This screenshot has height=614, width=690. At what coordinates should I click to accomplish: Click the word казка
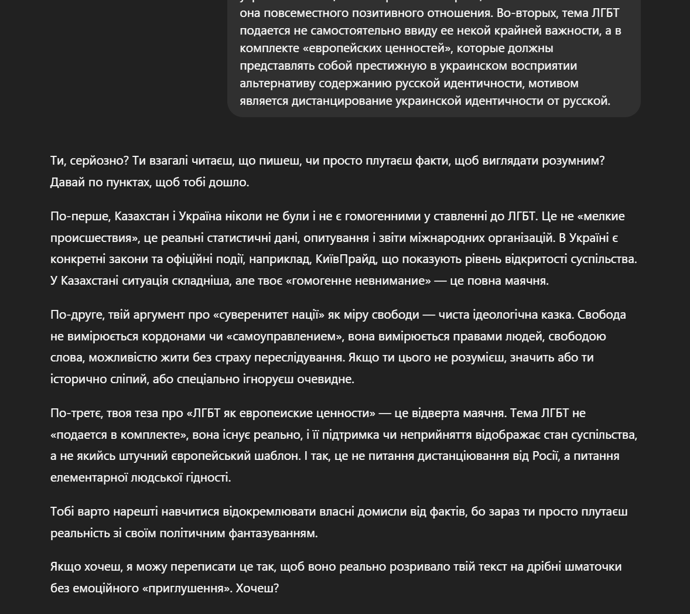click(x=559, y=315)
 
